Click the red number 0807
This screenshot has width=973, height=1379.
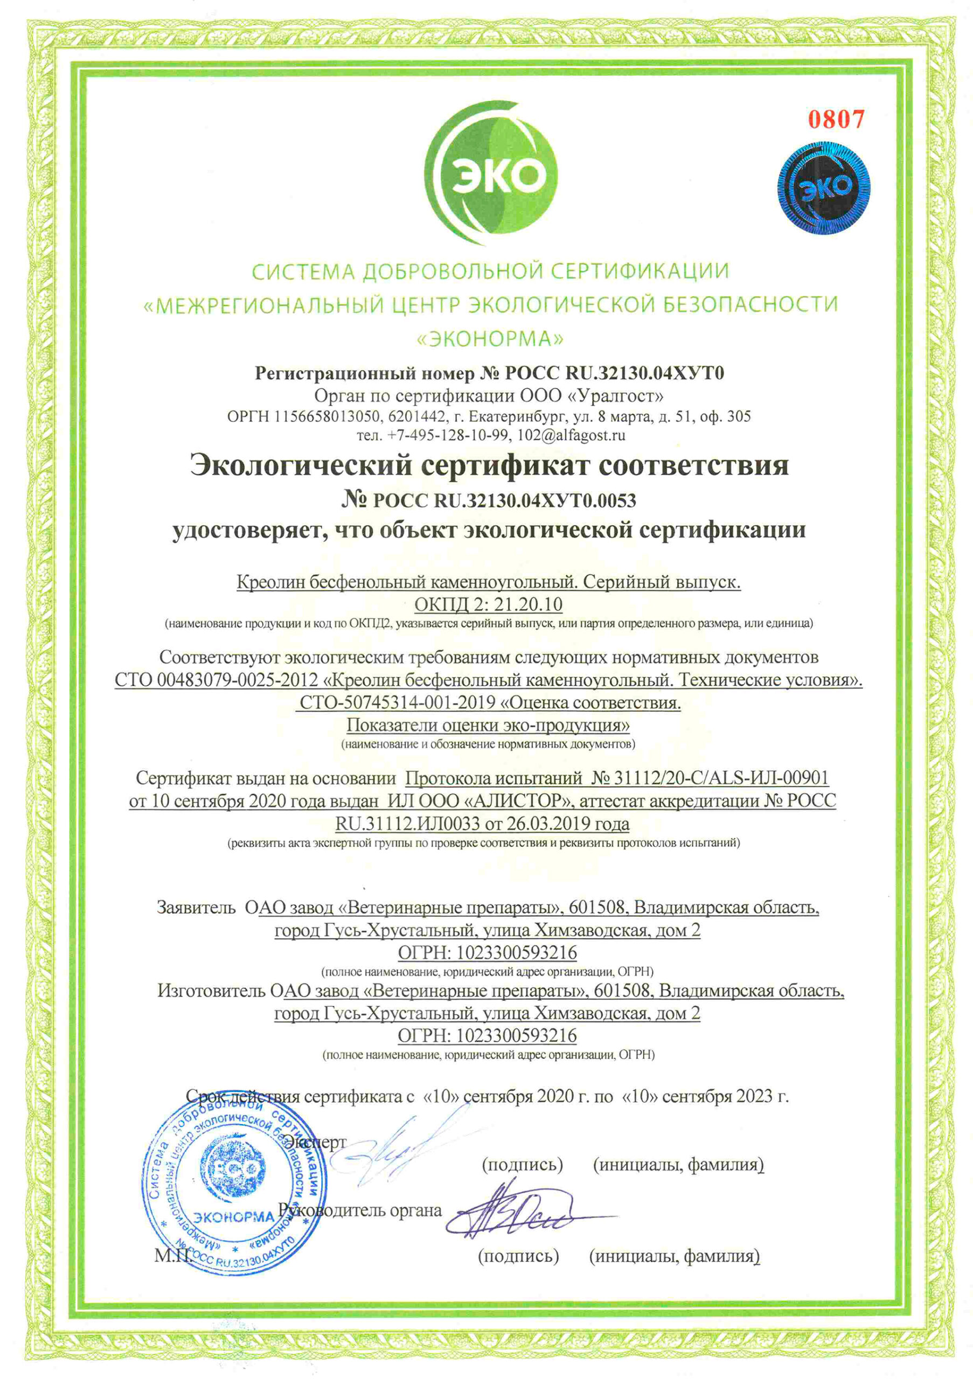tap(836, 119)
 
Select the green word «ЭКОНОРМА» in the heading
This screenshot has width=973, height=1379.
tap(490, 339)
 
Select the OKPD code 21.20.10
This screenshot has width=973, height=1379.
tap(528, 603)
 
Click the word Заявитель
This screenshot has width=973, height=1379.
tap(196, 907)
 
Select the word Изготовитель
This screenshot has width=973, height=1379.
tap(211, 990)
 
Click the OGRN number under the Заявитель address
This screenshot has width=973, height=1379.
tap(517, 952)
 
